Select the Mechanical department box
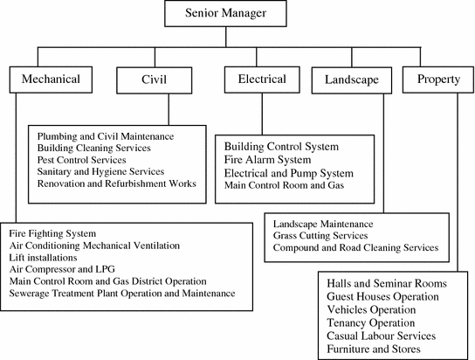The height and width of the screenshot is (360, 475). click(51, 80)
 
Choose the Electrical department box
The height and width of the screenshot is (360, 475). click(261, 80)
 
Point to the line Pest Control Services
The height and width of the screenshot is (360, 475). click(82, 161)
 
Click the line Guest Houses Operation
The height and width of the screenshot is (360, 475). click(382, 298)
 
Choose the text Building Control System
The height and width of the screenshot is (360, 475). click(281, 146)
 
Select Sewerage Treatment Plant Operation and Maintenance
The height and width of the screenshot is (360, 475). click(121, 294)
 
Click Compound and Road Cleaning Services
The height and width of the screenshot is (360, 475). click(355, 248)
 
